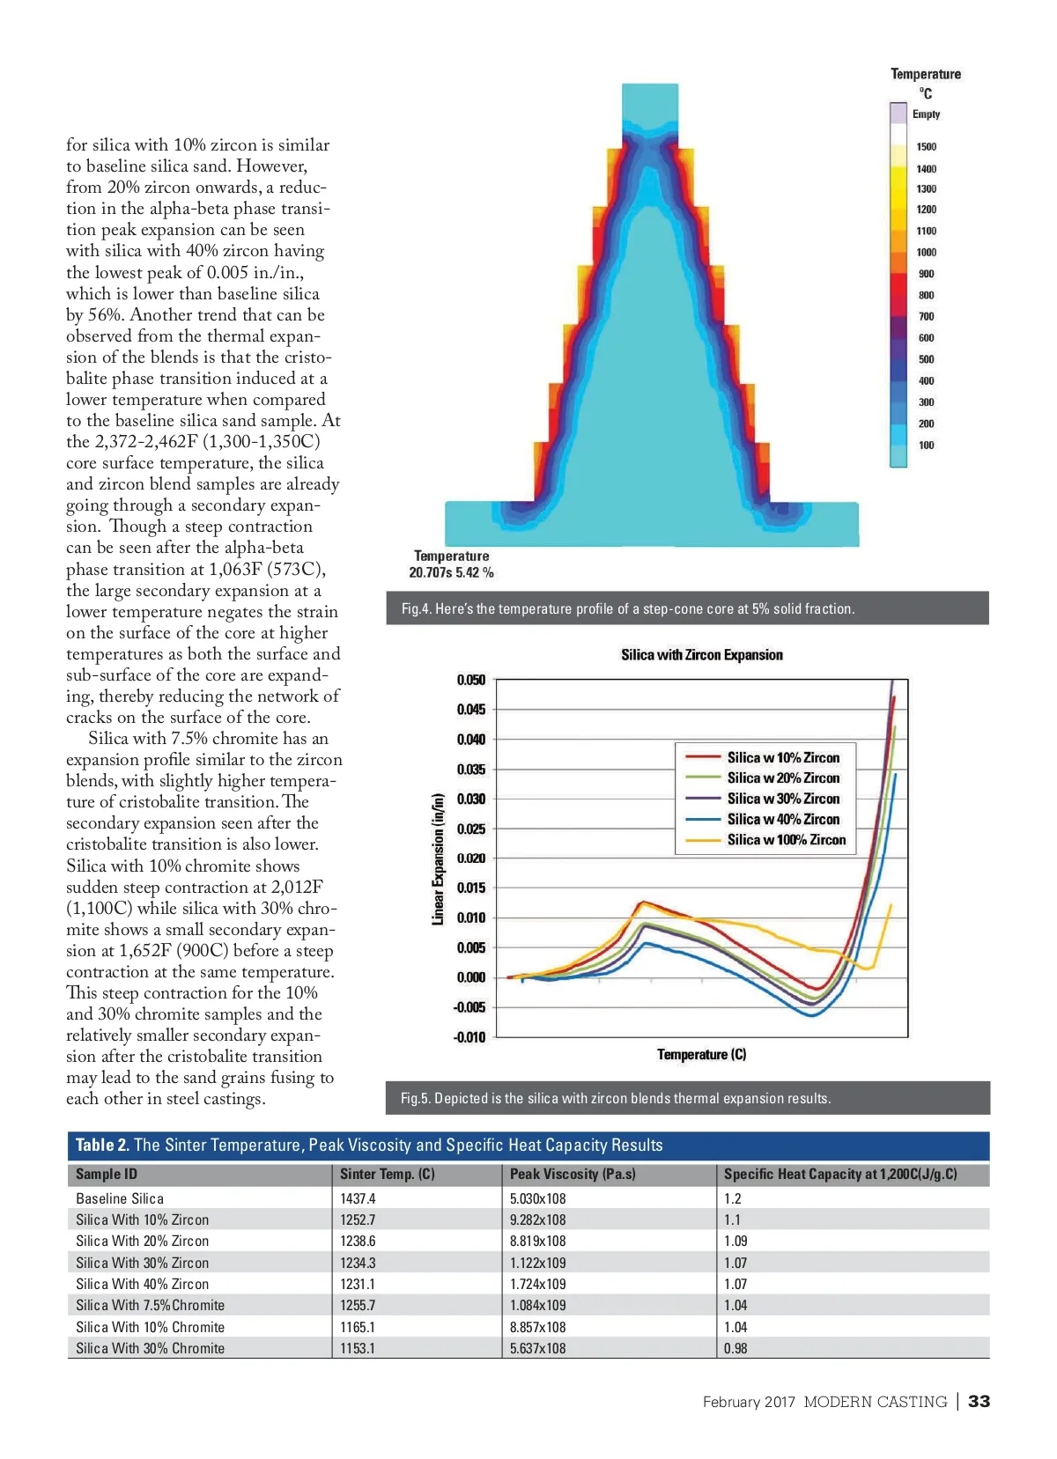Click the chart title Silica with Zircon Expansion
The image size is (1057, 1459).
click(701, 655)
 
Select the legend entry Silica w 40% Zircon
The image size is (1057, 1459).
click(783, 819)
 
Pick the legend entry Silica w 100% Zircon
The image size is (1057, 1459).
click(786, 840)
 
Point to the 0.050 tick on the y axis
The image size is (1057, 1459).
click(471, 680)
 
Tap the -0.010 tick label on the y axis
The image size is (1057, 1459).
click(469, 1037)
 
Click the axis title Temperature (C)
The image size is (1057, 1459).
click(701, 1055)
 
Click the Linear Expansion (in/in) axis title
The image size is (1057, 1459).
click(438, 859)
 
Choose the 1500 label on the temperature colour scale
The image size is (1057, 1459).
click(926, 147)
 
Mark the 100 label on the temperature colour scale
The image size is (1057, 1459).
click(926, 446)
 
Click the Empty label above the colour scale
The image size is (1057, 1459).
click(926, 114)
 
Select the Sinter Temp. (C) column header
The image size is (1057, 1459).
click(387, 1175)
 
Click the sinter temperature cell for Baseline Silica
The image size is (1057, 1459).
click(358, 1198)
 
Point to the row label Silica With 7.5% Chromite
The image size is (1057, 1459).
click(150, 1305)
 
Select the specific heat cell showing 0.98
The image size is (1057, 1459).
click(735, 1348)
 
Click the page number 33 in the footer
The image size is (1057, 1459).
click(979, 1402)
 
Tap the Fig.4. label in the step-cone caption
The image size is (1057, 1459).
click(416, 608)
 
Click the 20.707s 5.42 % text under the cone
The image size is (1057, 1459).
click(451, 573)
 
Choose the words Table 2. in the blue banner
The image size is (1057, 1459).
click(102, 1146)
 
